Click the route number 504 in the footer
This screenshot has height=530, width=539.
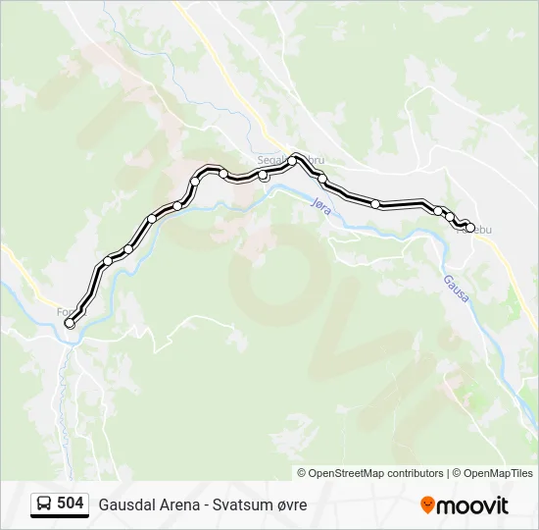click(70, 503)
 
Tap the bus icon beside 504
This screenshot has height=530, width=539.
click(44, 504)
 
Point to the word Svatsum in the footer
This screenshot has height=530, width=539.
click(242, 504)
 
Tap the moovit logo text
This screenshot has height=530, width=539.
click(472, 505)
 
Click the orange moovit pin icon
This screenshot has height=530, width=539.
click(427, 505)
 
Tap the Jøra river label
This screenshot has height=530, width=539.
click(320, 209)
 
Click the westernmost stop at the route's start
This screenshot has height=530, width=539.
click(69, 323)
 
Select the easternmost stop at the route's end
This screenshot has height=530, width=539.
click(470, 229)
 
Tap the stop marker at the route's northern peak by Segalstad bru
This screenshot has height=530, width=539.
click(292, 160)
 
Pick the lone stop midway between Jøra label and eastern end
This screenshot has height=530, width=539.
click(375, 203)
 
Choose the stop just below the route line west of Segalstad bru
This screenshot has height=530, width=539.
click(263, 177)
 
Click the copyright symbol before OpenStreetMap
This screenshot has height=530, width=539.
click(302, 473)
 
